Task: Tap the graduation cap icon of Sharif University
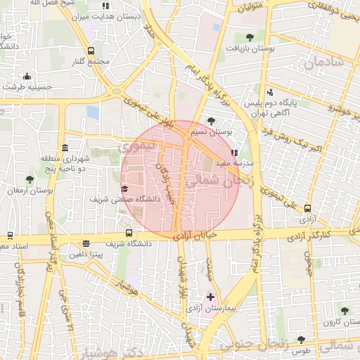[x=125, y=188]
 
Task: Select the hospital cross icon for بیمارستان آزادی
[x=210, y=297]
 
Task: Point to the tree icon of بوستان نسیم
[x=212, y=121]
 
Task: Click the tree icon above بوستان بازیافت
[x=250, y=37]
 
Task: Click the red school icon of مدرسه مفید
[x=234, y=152]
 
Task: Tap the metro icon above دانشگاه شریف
[x=129, y=233]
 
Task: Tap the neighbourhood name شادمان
[x=323, y=62]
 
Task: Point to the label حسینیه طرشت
[x=26, y=86]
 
